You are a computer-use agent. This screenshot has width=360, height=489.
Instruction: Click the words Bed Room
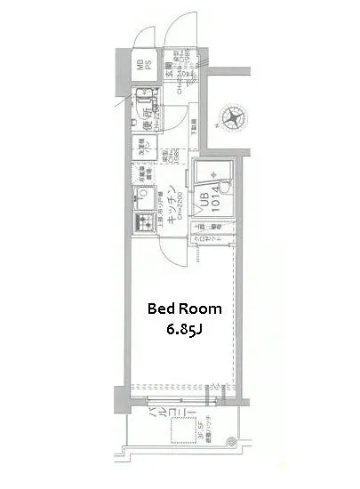(184, 309)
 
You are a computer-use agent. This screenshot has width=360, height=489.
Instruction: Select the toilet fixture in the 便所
(145, 114)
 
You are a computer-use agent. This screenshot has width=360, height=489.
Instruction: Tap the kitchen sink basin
(141, 200)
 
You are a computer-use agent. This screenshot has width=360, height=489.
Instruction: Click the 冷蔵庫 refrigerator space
(142, 174)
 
